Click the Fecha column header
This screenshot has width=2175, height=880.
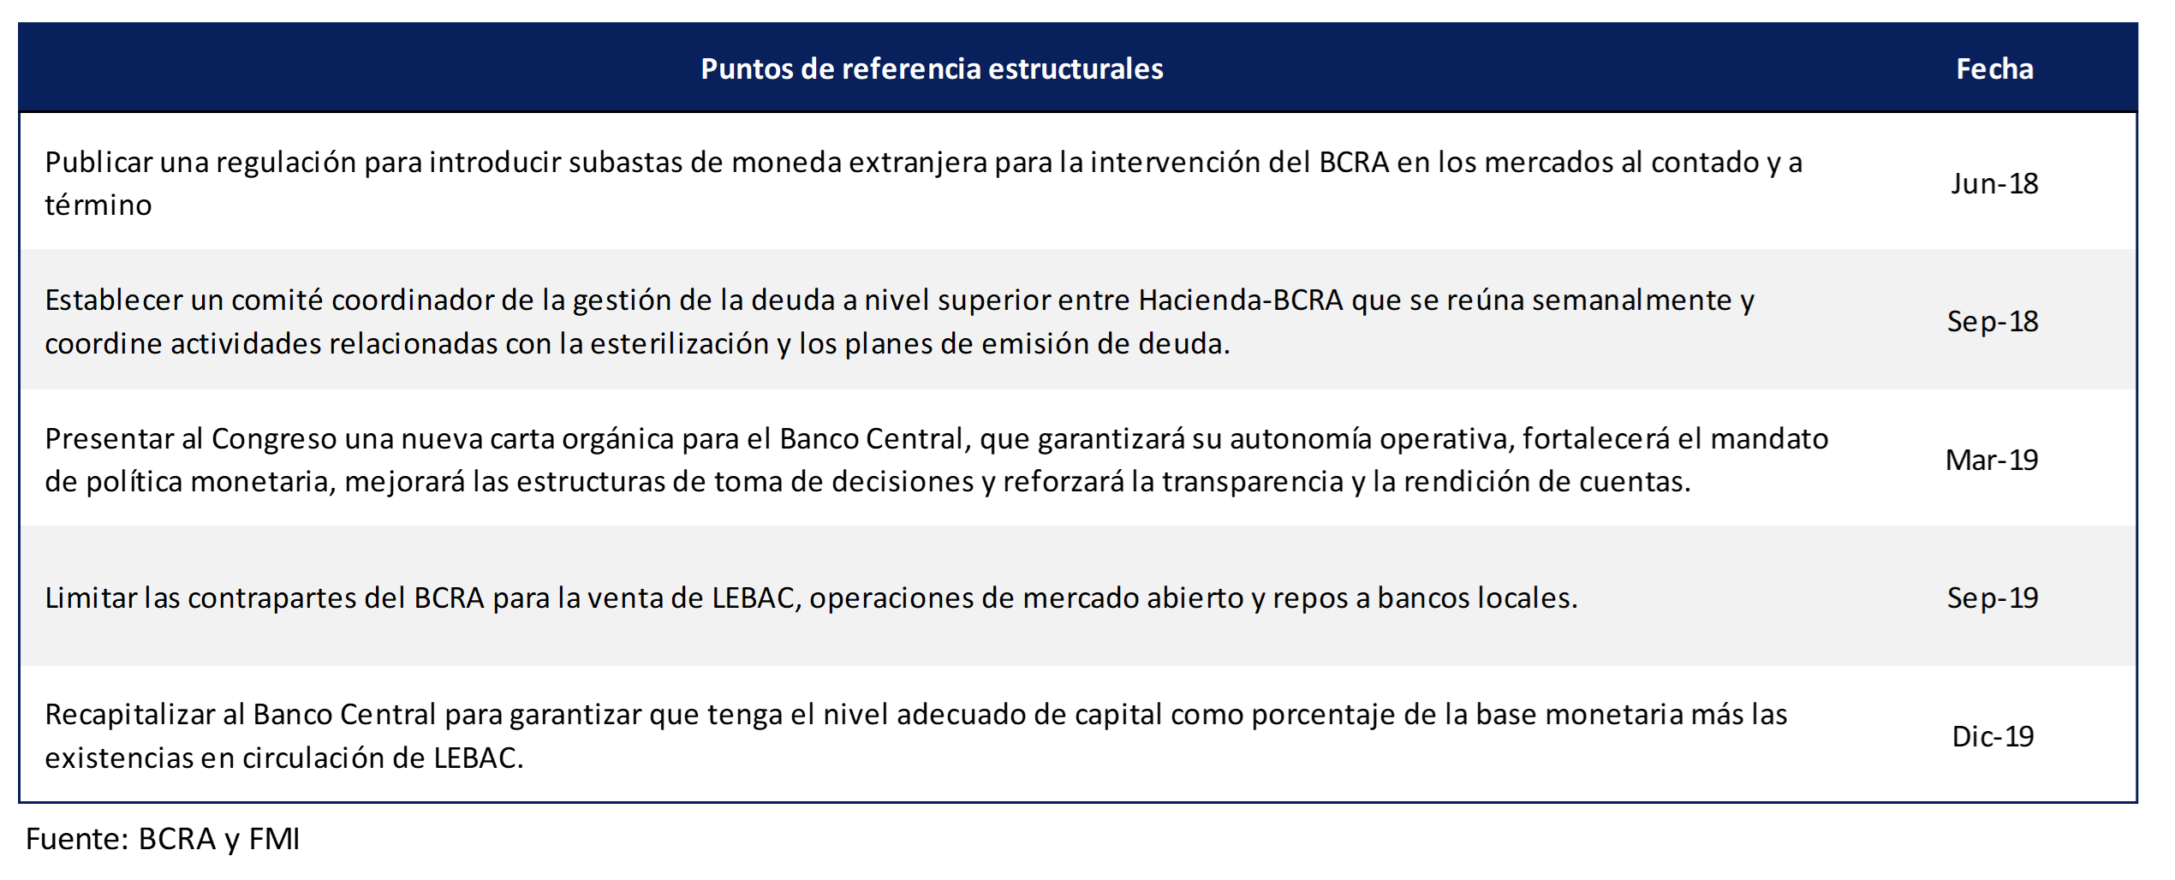(x=1994, y=68)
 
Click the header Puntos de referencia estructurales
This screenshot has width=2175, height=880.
(x=932, y=68)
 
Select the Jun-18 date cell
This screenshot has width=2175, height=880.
(x=1994, y=183)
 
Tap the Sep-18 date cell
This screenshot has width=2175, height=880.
(x=1993, y=321)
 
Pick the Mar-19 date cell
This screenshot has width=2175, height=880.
(x=1992, y=460)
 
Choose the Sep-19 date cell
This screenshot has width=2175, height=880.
(x=1993, y=598)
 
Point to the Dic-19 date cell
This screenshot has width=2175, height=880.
(x=1993, y=736)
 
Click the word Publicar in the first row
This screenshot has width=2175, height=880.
(x=98, y=163)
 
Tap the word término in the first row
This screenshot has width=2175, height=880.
(x=98, y=205)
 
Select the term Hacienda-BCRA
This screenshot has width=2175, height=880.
(x=1241, y=300)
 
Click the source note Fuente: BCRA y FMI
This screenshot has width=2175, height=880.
(x=163, y=840)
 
